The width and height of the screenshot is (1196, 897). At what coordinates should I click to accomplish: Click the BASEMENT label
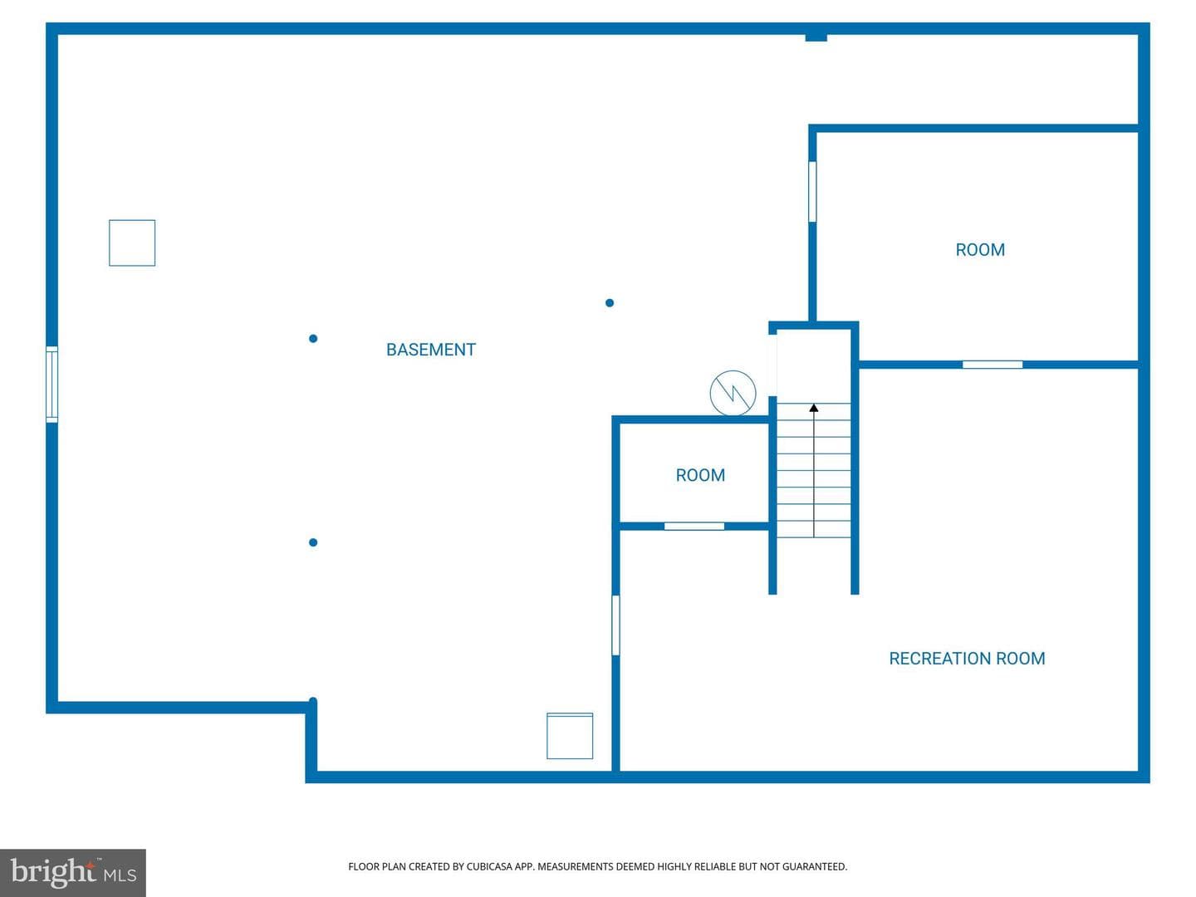click(430, 350)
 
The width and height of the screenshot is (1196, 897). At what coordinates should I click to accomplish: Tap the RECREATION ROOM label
click(967, 659)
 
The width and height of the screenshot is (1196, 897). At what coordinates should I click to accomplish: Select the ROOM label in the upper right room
click(980, 250)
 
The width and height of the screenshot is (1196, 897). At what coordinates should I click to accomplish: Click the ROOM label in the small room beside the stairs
click(700, 475)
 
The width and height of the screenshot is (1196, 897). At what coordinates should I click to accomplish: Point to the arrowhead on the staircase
click(813, 407)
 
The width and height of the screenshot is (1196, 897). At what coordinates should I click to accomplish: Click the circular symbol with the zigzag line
click(733, 393)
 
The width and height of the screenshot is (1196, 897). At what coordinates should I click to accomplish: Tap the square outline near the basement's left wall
click(132, 243)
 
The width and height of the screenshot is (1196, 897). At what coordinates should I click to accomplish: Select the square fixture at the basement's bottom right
click(570, 736)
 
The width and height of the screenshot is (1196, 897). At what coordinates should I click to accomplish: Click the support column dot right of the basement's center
click(609, 303)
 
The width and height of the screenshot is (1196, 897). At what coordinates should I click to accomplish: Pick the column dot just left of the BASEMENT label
click(313, 339)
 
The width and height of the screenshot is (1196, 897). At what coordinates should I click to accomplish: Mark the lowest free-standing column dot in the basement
click(313, 542)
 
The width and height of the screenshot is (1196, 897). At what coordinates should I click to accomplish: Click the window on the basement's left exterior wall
click(51, 385)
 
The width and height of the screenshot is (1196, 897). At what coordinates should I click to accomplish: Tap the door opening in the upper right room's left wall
click(811, 192)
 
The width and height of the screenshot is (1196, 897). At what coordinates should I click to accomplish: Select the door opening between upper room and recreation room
click(993, 365)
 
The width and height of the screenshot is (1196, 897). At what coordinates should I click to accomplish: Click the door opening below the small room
click(694, 526)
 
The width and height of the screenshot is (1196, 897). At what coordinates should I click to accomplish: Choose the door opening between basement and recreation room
click(615, 625)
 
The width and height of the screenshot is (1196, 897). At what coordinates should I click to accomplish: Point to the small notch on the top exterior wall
click(816, 37)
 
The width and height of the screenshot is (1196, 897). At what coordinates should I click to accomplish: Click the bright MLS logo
click(73, 872)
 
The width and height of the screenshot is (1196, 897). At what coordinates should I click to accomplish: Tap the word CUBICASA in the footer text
click(486, 866)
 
